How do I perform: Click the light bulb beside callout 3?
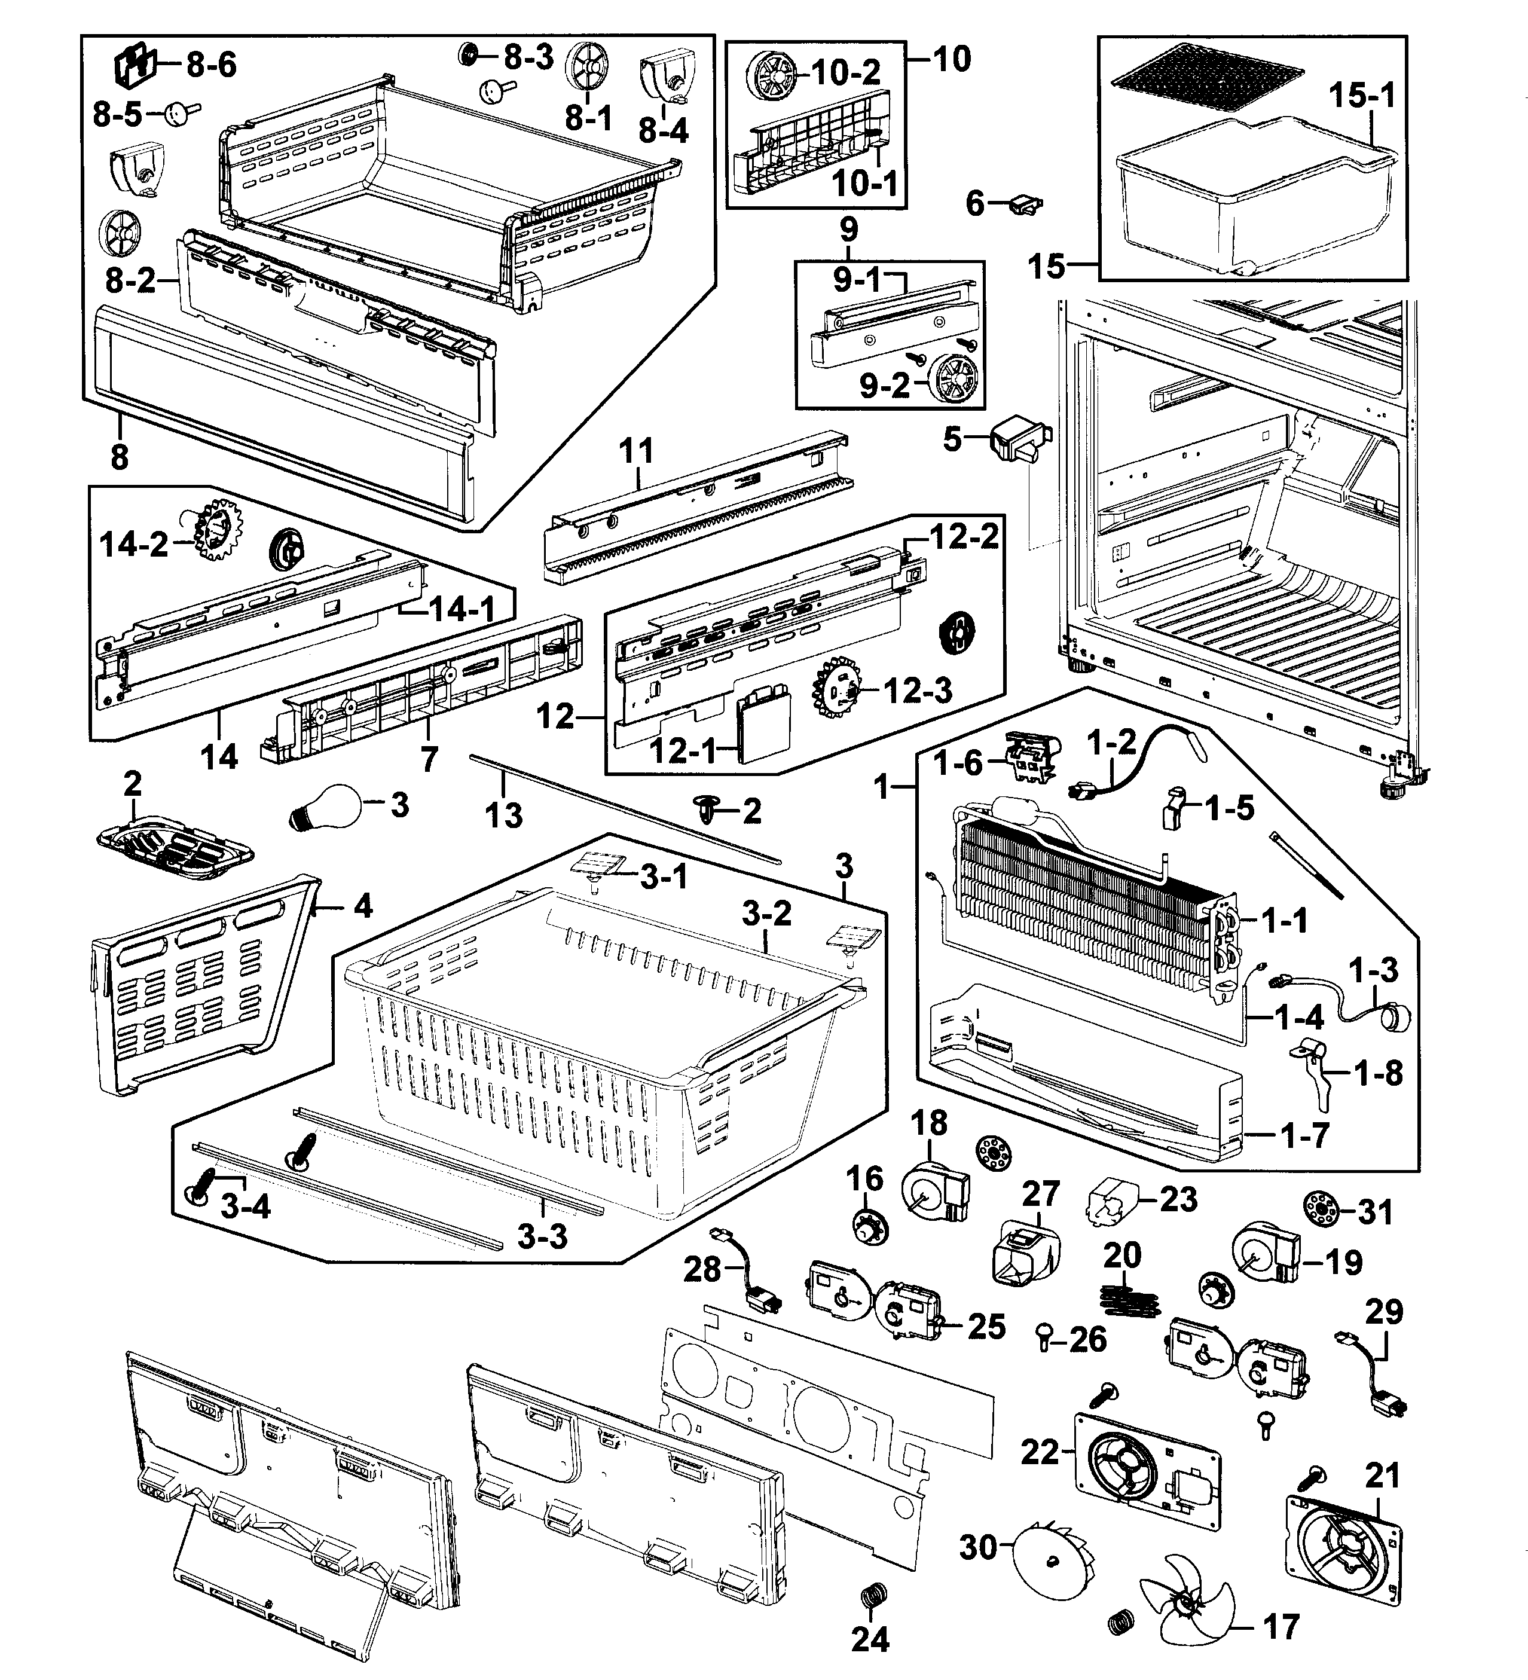pos(326,808)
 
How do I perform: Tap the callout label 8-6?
pos(211,64)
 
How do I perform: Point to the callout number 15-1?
pos(1361,96)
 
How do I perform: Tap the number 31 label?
pos(1376,1212)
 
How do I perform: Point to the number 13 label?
pos(503,815)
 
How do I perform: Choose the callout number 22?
pos(1040,1452)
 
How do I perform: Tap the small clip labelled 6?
pos(1026,203)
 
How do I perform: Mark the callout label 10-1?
pos(866,182)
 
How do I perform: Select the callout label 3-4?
pos(246,1206)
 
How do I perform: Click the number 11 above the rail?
pos(637,451)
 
